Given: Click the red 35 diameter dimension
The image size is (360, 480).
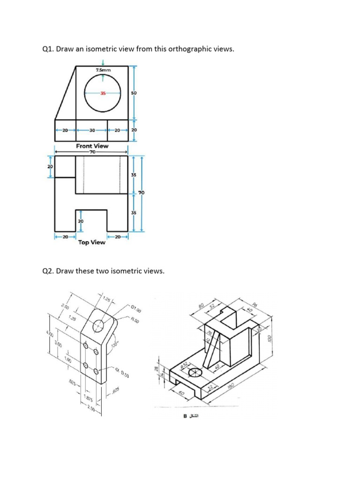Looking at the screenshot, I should pyautogui.click(x=103, y=93).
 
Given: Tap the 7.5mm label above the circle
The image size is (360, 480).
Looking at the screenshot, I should pyautogui.click(x=103, y=70).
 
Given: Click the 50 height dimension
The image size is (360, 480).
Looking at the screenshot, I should pyautogui.click(x=135, y=93).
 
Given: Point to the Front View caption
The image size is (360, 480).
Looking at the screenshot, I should pyautogui.click(x=92, y=146).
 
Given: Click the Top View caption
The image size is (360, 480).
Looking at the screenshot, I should pyautogui.click(x=92, y=242).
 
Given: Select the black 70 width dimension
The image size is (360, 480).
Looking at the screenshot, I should pyautogui.click(x=92, y=152).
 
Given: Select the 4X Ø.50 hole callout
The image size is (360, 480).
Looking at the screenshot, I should pyautogui.click(x=121, y=374).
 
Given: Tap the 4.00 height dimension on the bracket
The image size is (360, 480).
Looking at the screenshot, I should pyautogui.click(x=51, y=336).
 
